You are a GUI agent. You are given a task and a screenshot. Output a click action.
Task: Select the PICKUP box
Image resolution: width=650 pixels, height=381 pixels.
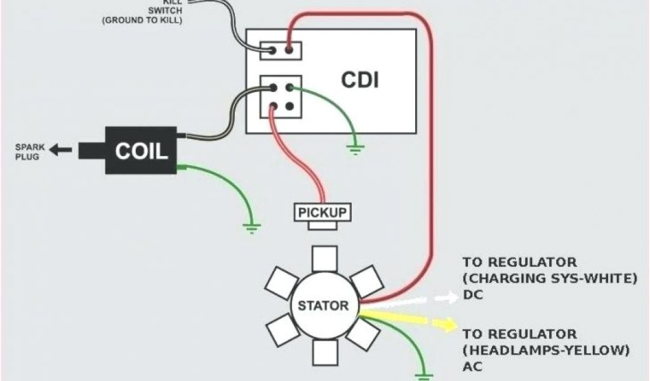pos(323,212)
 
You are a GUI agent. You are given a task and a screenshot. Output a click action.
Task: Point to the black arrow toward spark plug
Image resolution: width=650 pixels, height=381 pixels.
pos(61,150)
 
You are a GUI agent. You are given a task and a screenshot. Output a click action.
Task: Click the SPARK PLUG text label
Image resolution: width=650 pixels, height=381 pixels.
pos(27,152)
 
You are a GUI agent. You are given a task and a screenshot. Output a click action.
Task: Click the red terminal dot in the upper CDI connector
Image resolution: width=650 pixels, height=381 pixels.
pos(289,50)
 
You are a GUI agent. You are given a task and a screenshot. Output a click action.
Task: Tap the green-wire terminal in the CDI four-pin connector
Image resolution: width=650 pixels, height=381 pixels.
pos(289,88)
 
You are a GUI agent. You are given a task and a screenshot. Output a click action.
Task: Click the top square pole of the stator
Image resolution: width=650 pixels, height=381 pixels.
pos(324,258)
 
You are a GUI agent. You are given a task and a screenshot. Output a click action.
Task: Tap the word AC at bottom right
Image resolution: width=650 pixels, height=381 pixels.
pos(472,366)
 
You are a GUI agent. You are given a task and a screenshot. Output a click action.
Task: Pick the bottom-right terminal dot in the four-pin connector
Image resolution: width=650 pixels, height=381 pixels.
pos(289,107)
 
